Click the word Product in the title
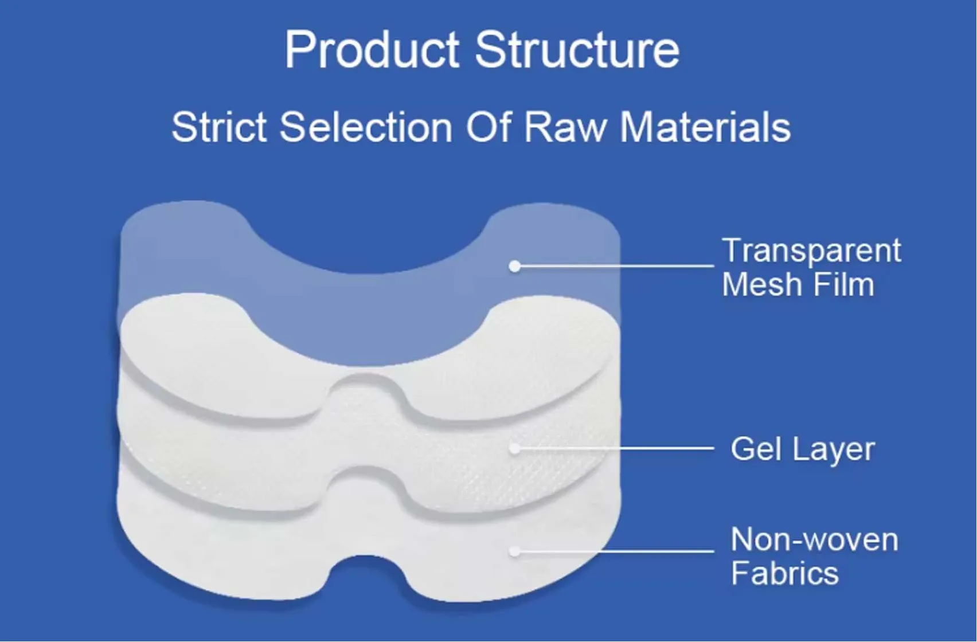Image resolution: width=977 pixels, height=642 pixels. [372, 50]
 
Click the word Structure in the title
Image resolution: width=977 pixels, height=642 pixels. [577, 50]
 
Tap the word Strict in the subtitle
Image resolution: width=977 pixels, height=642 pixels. [219, 127]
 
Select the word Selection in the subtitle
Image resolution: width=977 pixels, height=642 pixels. [366, 127]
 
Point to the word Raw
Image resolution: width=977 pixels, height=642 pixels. [565, 127]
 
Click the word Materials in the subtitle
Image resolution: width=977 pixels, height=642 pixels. [705, 127]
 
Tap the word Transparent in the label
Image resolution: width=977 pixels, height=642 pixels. [811, 251]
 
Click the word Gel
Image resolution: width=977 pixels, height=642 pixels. [756, 449]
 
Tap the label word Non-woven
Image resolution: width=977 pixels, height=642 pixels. [814, 539]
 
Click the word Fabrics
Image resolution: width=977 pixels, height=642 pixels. [784, 573]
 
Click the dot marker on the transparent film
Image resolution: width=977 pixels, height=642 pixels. [515, 266]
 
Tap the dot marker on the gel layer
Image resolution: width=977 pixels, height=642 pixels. [515, 448]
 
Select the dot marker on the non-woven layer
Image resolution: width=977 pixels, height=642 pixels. [515, 551]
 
